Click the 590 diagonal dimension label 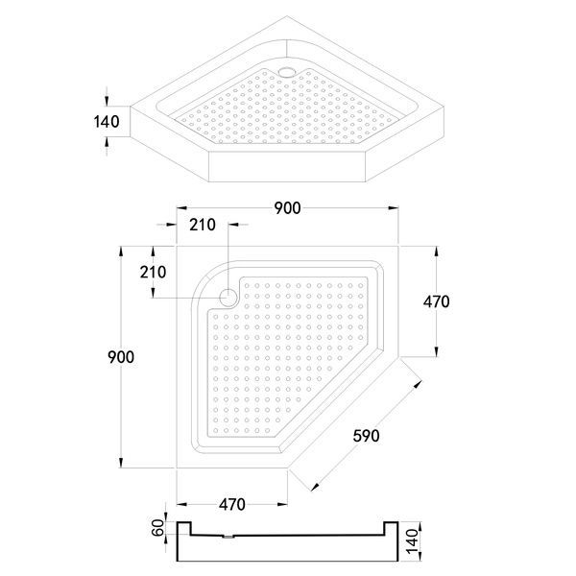[x=366, y=436]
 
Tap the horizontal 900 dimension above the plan [x=287, y=208]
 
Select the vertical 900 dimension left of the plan [x=121, y=357]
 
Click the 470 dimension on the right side [x=436, y=301]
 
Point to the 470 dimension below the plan [x=232, y=505]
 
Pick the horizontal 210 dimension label [x=203, y=225]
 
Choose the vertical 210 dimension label [x=153, y=273]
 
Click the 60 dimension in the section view [x=158, y=527]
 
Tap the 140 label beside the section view [x=413, y=540]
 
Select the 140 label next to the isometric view [x=107, y=122]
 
